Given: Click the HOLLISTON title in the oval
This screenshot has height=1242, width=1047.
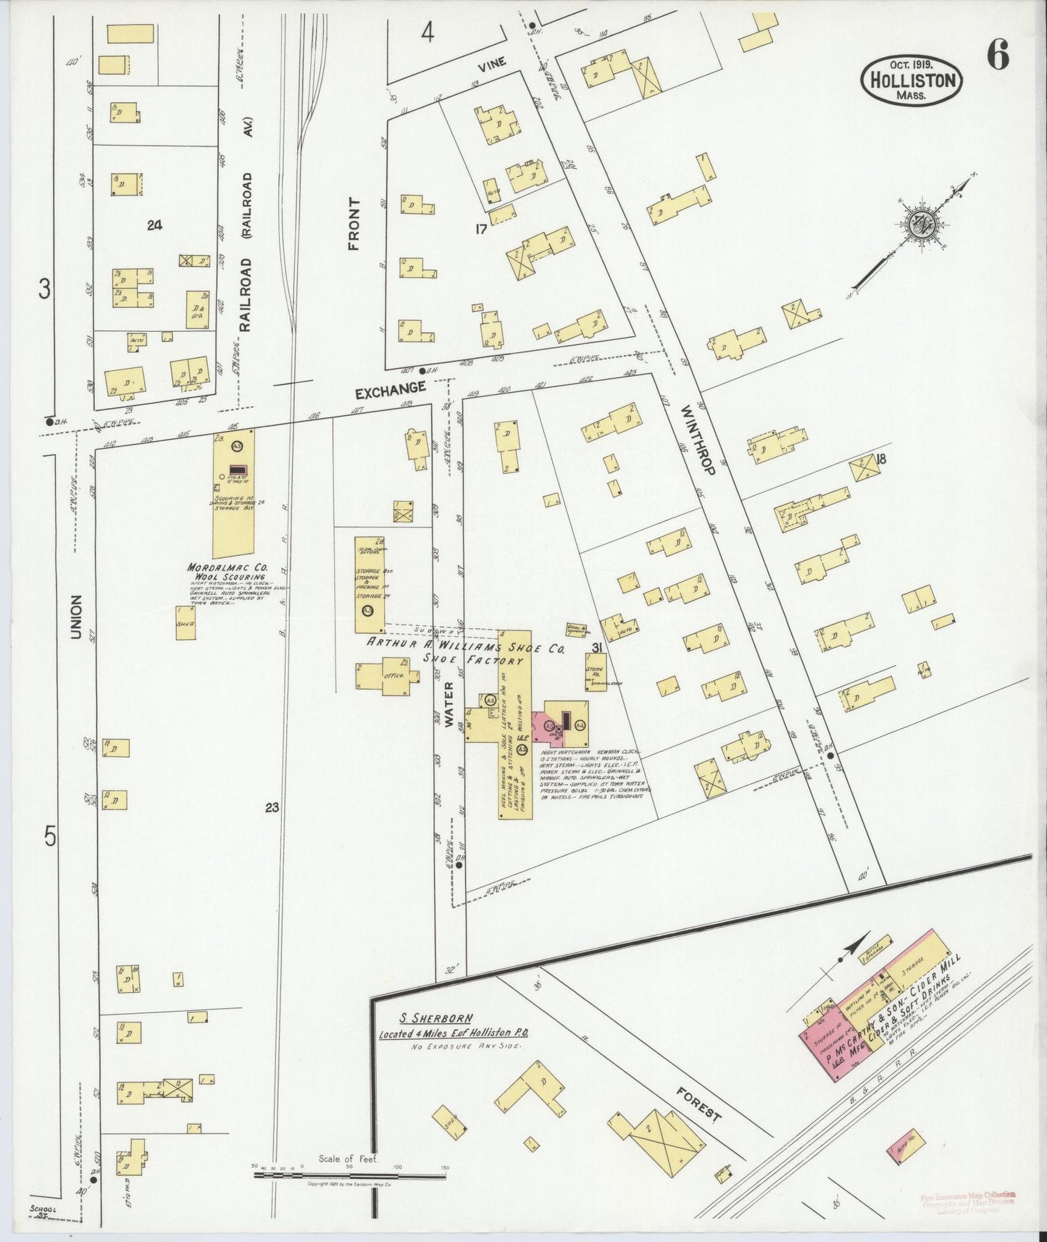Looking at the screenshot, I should coord(912,80).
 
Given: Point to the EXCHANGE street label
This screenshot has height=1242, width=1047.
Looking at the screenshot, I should coord(390,392).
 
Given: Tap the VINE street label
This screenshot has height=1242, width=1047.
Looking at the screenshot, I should coord(491,64).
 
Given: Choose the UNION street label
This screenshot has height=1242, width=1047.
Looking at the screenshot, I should coord(75,617).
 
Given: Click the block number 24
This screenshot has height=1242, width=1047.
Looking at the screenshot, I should coord(154,225).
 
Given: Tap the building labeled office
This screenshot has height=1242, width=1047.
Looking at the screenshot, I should coord(388,675).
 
